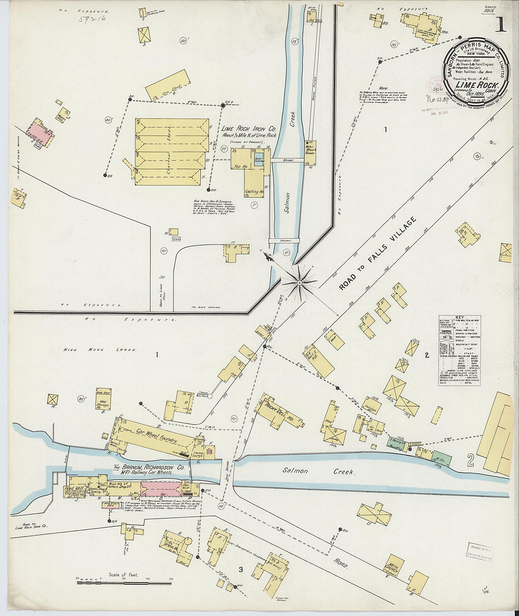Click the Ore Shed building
coord(167,85)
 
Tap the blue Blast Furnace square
coord(258,158)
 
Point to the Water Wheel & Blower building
coord(310,152)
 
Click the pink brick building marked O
coord(161,489)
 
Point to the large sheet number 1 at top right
coord(500,25)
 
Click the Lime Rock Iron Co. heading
coord(249,129)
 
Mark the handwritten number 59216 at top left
coord(92,19)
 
